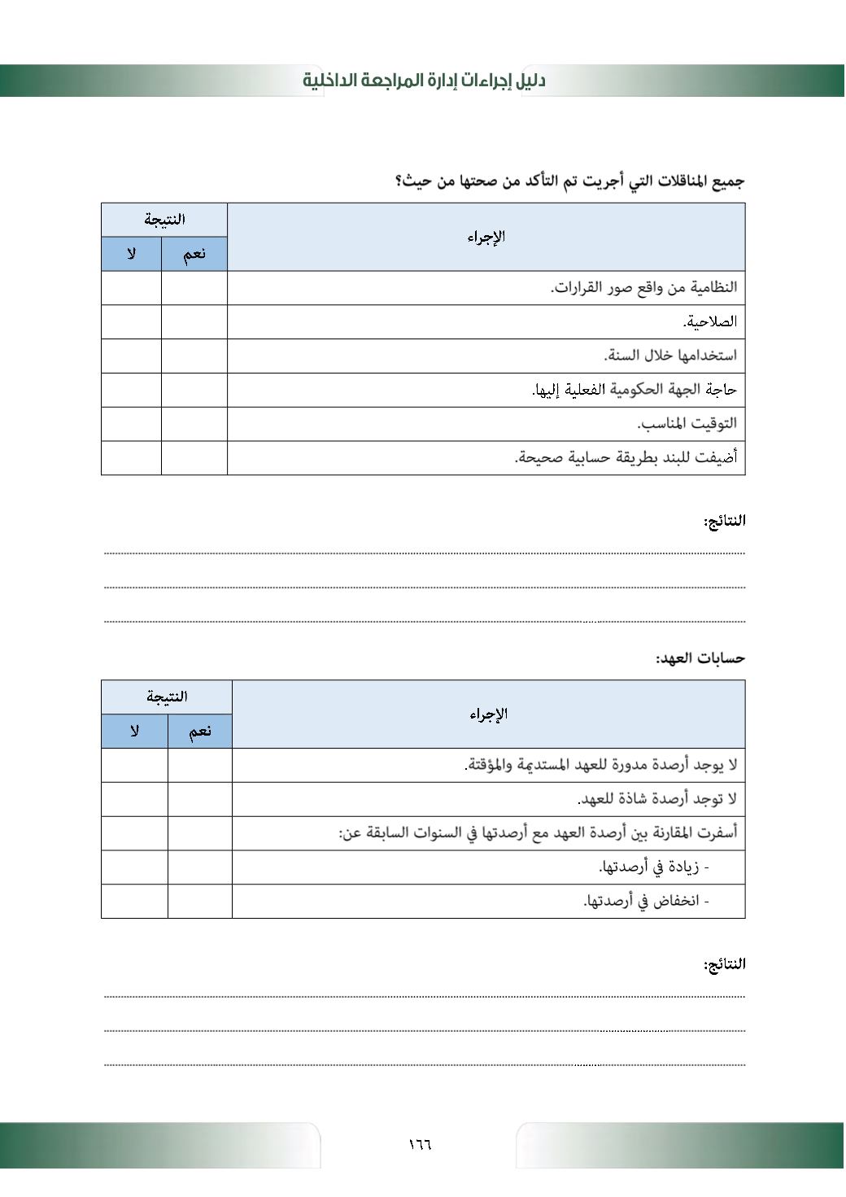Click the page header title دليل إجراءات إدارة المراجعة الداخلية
tap(424, 81)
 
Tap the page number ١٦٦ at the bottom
tap(420, 1144)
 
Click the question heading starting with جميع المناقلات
tap(570, 181)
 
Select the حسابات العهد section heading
tap(700, 657)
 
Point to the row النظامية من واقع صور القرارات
tap(643, 287)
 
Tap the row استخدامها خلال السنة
tap(670, 356)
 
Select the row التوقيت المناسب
tap(687, 423)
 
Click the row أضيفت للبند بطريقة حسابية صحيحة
tap(626, 457)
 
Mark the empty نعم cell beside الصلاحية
tap(194, 321)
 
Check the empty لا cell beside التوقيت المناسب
tap(131, 423)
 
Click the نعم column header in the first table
tap(194, 254)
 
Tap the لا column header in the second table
tap(134, 731)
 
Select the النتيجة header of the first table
tap(164, 220)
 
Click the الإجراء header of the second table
tap(488, 714)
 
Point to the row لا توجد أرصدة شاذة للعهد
tap(657, 799)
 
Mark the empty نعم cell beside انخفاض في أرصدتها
tap(199, 901)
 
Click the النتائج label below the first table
tap(724, 521)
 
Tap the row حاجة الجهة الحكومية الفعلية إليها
tap(634, 390)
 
